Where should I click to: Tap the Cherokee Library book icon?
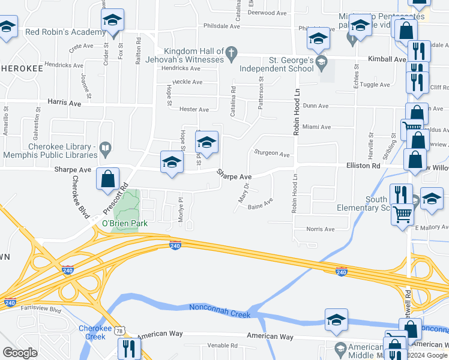tap(106, 147)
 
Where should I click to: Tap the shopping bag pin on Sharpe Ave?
tap(107, 179)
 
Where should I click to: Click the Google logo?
tap(20, 353)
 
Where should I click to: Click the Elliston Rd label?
tap(363, 166)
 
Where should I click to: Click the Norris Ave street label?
tap(320, 229)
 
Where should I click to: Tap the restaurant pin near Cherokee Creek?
tap(129, 347)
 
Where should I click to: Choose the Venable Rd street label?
tap(222, 346)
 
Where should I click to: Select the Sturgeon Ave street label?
tap(273, 154)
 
